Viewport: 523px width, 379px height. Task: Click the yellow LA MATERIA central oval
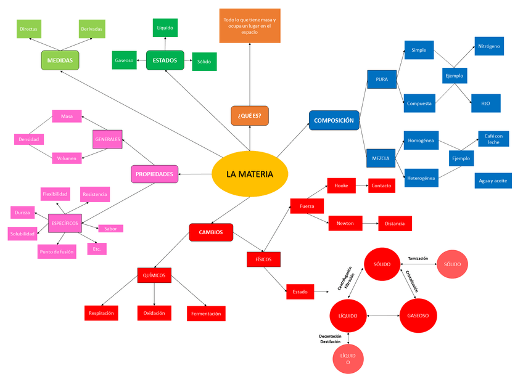coord(249,174)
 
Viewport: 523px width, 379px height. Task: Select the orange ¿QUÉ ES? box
coord(250,115)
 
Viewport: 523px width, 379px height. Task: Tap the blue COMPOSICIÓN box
coord(334,120)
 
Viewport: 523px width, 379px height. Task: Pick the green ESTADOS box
coord(165,60)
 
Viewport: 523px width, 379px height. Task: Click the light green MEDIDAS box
coord(60,60)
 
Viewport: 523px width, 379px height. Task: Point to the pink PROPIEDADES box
coord(154,174)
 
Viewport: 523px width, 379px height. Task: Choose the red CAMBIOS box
coord(211,232)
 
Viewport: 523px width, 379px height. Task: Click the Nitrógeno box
coord(489,46)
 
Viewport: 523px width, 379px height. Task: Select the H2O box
coord(485,103)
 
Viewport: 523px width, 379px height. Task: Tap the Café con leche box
coord(493,139)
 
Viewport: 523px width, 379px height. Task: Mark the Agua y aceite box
coord(492,181)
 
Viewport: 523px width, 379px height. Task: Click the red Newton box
coord(345,223)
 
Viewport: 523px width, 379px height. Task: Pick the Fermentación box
coord(206,314)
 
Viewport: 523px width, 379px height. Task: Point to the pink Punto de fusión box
coord(57,251)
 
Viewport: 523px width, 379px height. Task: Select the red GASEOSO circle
coord(422,316)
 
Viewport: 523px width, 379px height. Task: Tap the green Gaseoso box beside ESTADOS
coord(124,60)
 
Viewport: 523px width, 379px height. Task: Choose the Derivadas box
coord(91,29)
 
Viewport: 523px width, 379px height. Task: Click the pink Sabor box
coord(110,229)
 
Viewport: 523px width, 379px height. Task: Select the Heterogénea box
coord(421,179)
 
